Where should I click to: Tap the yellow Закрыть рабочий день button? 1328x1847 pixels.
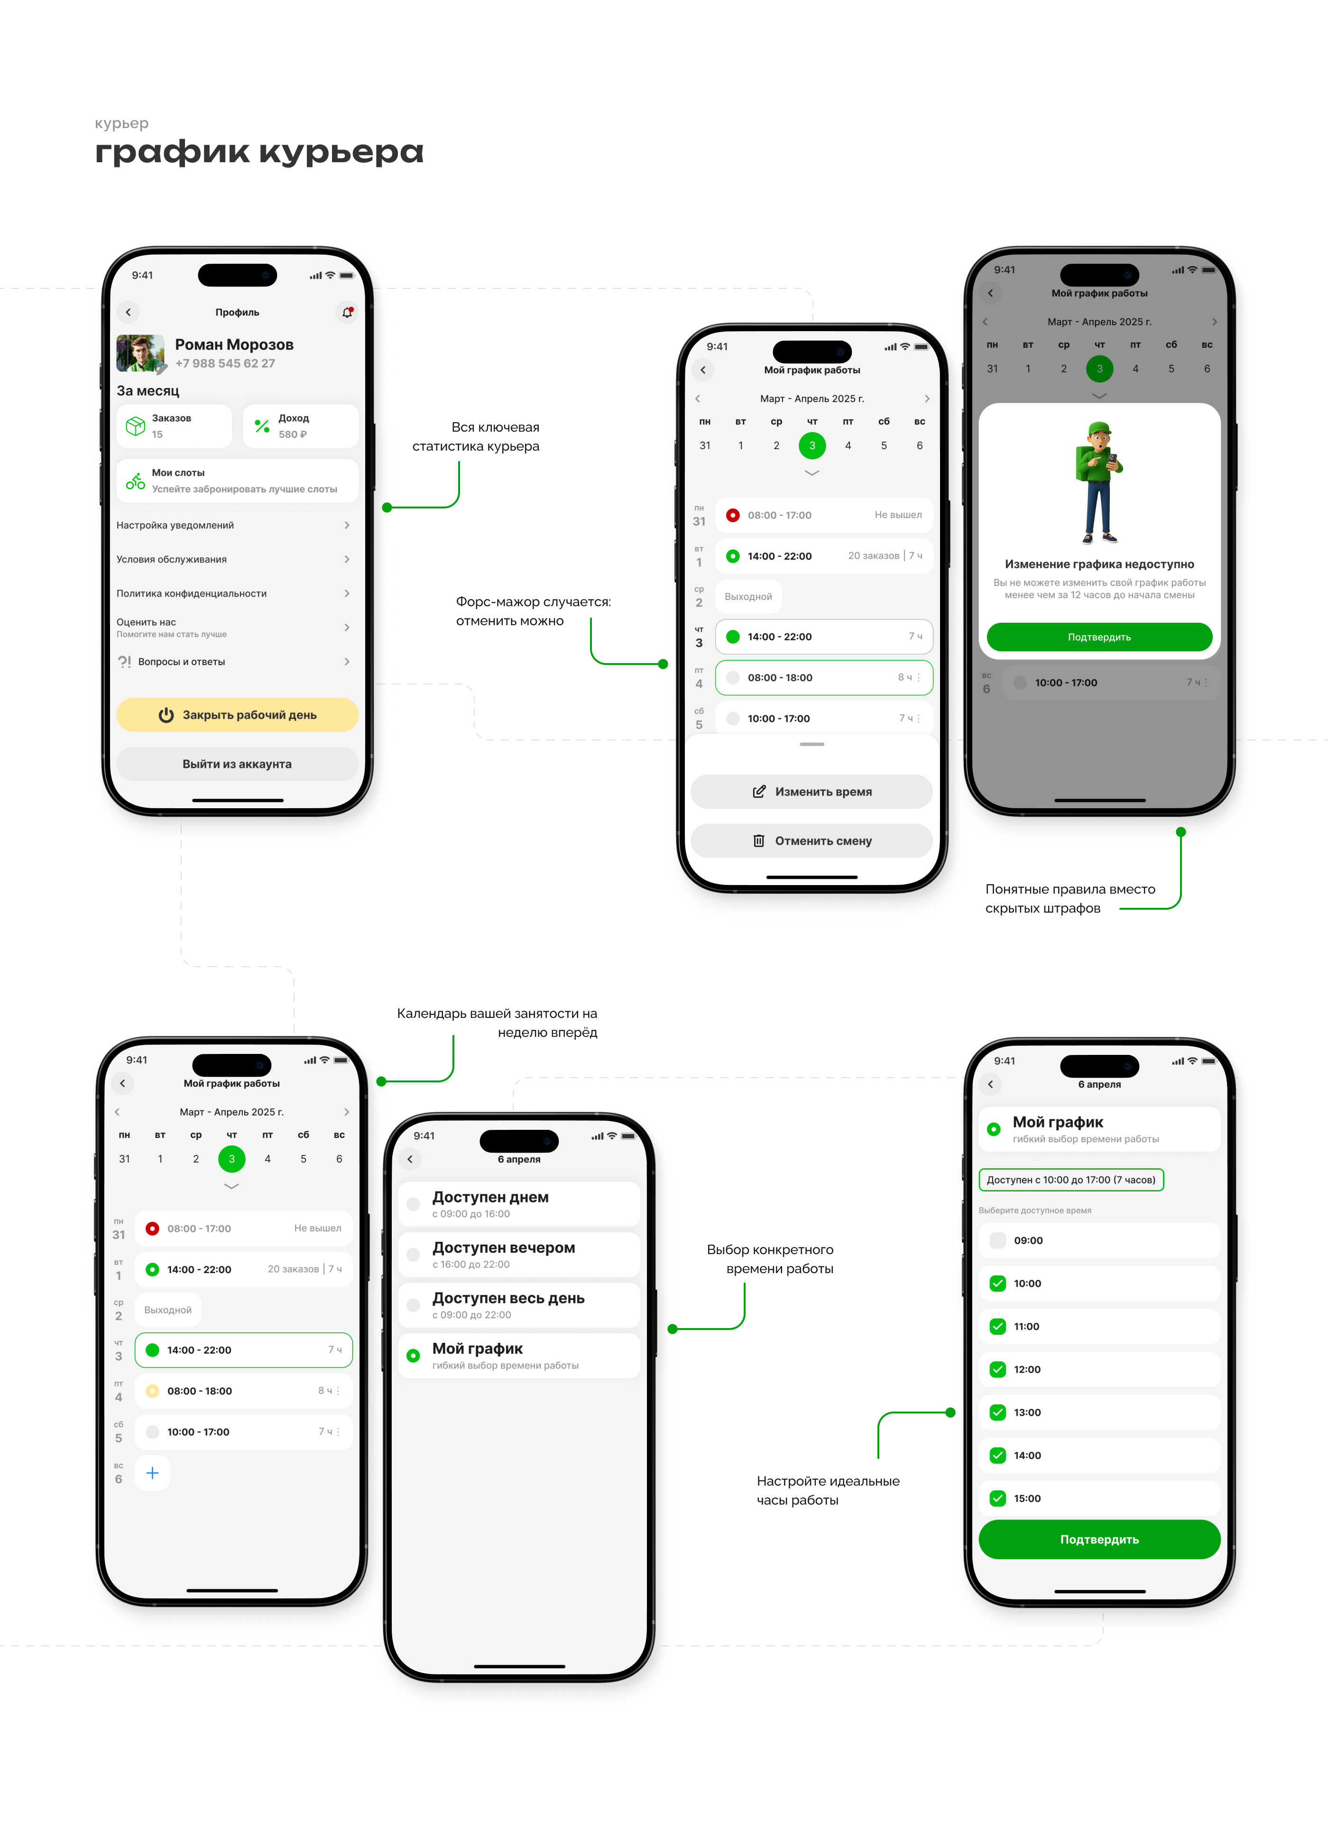pos(237,714)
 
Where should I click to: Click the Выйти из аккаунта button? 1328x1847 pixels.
pos(237,764)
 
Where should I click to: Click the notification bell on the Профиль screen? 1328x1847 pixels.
pos(347,312)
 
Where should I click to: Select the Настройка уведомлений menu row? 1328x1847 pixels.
pos(234,525)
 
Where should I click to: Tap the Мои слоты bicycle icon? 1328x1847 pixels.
pos(135,481)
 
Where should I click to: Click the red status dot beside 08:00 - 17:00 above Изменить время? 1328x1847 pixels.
pos(733,515)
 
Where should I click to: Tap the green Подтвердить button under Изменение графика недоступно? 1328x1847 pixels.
pos(1099,637)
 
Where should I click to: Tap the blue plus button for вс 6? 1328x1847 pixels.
pos(152,1472)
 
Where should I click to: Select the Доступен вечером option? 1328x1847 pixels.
pos(519,1254)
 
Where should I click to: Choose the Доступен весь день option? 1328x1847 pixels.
pos(519,1305)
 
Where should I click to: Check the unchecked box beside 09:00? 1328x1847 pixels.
pos(997,1240)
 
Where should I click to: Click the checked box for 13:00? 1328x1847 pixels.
pos(997,1412)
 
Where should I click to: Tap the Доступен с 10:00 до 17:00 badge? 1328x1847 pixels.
pos(1071,1179)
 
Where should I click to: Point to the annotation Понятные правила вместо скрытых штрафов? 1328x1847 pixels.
pos(1070,898)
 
